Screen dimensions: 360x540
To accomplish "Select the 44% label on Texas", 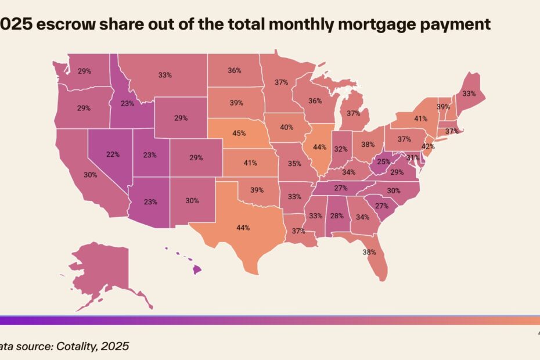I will point(242,228).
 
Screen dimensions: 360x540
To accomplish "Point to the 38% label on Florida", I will point(369,252).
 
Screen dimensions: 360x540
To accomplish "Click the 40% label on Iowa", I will point(286,128).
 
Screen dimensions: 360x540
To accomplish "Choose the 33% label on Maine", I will point(469,93).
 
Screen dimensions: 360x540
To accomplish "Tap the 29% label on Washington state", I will point(84,71).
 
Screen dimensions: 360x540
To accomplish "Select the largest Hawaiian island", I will point(197,269).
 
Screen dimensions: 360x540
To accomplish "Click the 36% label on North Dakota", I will point(235,70).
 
